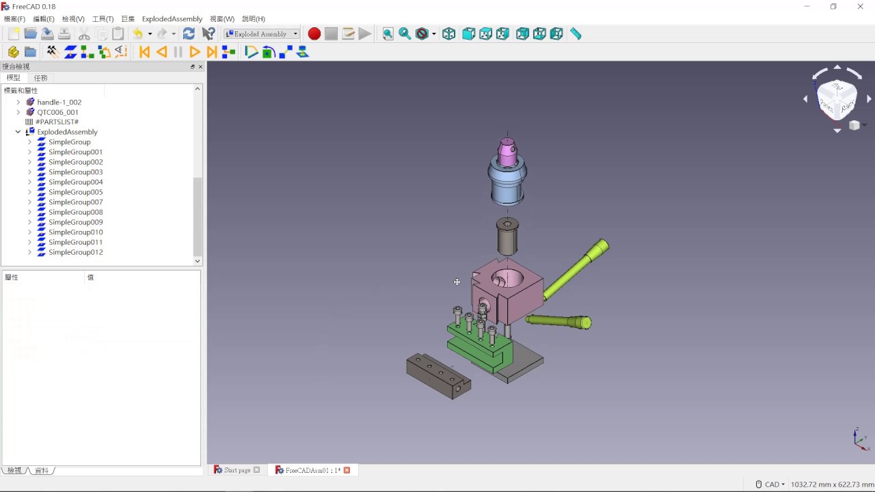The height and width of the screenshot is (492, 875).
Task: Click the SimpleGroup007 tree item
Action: click(75, 202)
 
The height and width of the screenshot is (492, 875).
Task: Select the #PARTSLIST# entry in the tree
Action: click(57, 122)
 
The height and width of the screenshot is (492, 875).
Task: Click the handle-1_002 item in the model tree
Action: click(59, 102)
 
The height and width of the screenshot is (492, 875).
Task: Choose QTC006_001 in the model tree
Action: click(57, 112)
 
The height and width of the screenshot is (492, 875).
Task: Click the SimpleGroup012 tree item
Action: click(75, 252)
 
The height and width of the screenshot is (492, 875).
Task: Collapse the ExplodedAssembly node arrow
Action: click(18, 132)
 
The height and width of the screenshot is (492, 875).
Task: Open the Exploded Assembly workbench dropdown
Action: click(295, 34)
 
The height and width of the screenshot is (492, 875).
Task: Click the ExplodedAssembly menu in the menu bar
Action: click(172, 19)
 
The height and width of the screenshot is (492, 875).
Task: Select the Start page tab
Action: click(237, 470)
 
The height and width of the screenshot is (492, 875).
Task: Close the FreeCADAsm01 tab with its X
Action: click(347, 470)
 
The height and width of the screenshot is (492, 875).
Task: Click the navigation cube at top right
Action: click(837, 100)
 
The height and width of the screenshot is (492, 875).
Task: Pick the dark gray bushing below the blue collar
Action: click(507, 238)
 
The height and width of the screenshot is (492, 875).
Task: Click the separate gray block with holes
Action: click(437, 376)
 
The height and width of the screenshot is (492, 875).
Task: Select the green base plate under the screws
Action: click(479, 352)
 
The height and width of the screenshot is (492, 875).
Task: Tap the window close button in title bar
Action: click(860, 7)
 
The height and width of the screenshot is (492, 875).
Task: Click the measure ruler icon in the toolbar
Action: click(576, 34)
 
